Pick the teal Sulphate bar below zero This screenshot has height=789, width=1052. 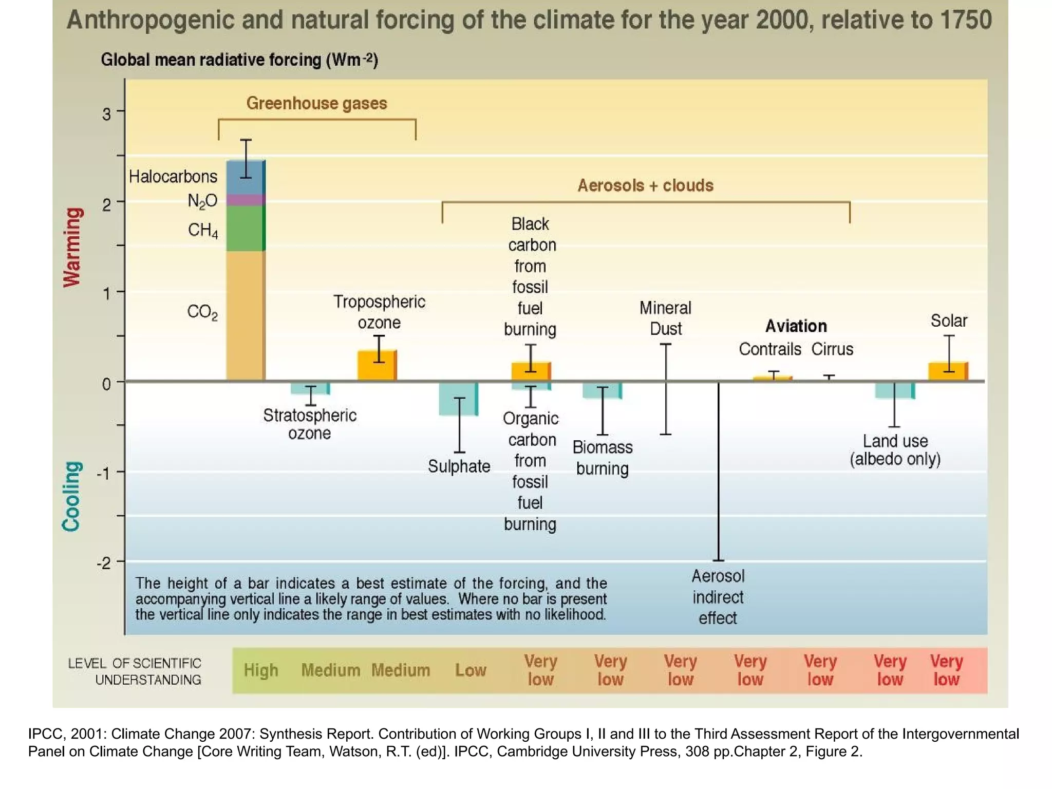point(458,399)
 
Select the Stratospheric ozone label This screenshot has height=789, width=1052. point(310,424)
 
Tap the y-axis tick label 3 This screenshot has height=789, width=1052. point(106,114)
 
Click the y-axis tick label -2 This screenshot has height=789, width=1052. point(104,563)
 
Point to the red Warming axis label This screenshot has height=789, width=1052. point(72,247)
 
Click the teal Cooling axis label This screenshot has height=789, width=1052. point(71,496)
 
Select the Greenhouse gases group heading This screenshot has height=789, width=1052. point(316,103)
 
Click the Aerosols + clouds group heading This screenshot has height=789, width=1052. point(645,185)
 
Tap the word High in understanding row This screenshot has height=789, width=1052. point(261,670)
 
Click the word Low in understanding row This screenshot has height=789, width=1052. point(471,670)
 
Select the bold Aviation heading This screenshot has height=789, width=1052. point(796,326)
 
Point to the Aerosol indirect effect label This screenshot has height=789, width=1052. point(718,597)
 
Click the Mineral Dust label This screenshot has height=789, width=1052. point(665,318)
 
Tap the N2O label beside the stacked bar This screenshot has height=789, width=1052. point(202,201)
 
